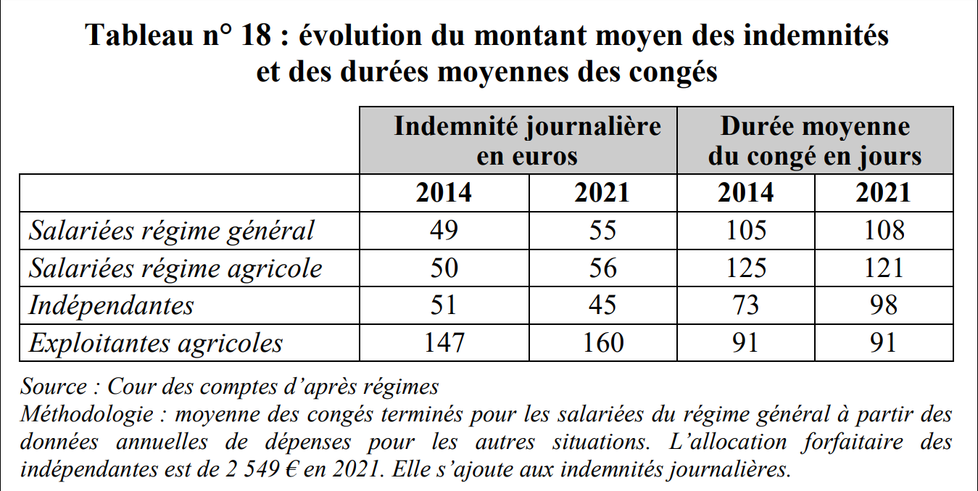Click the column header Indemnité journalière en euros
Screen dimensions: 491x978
527,141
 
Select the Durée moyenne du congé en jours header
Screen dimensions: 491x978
815,141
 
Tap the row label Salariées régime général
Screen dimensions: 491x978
172,231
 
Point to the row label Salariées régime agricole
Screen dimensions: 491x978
175,268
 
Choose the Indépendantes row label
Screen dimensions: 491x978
111,305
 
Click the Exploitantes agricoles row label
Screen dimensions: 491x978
155,343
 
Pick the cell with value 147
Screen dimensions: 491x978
444,343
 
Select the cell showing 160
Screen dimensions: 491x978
602,343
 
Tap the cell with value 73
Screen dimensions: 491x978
745,305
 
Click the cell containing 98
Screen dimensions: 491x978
883,305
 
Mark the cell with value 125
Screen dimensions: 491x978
745,268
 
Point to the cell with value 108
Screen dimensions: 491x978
883,231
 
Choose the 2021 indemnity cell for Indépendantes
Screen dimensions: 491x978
602,305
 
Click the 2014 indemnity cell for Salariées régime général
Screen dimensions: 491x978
444,231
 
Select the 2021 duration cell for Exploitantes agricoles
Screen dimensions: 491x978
883,343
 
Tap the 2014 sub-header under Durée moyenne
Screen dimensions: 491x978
745,193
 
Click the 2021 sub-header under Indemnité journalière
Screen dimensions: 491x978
602,193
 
